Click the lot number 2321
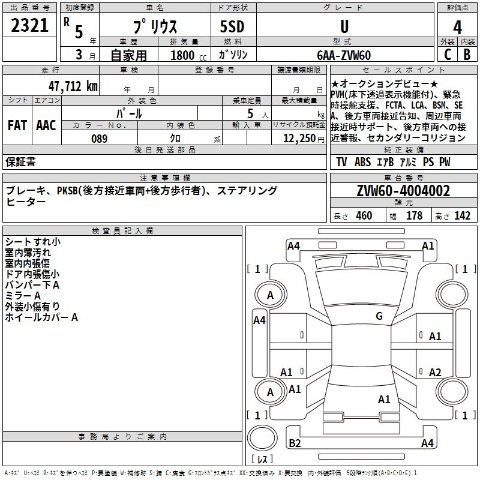pyautogui.click(x=29, y=26)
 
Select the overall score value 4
pyautogui.click(x=458, y=27)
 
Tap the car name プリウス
pyautogui.click(x=154, y=27)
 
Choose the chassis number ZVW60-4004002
pyautogui.click(x=403, y=191)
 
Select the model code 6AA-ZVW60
pyautogui.click(x=344, y=55)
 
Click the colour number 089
pyautogui.click(x=99, y=139)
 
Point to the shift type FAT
pyautogui.click(x=17, y=125)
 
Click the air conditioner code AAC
pyautogui.click(x=46, y=125)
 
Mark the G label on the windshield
pyautogui.click(x=379, y=316)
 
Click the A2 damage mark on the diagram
pyautogui.click(x=435, y=372)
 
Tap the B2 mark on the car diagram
pyautogui.click(x=295, y=443)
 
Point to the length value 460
pyautogui.click(x=364, y=216)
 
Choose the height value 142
pyautogui.click(x=462, y=216)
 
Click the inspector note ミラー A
pyautogui.click(x=23, y=296)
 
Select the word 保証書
pyautogui.click(x=20, y=162)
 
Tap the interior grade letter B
pyautogui.click(x=467, y=55)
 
